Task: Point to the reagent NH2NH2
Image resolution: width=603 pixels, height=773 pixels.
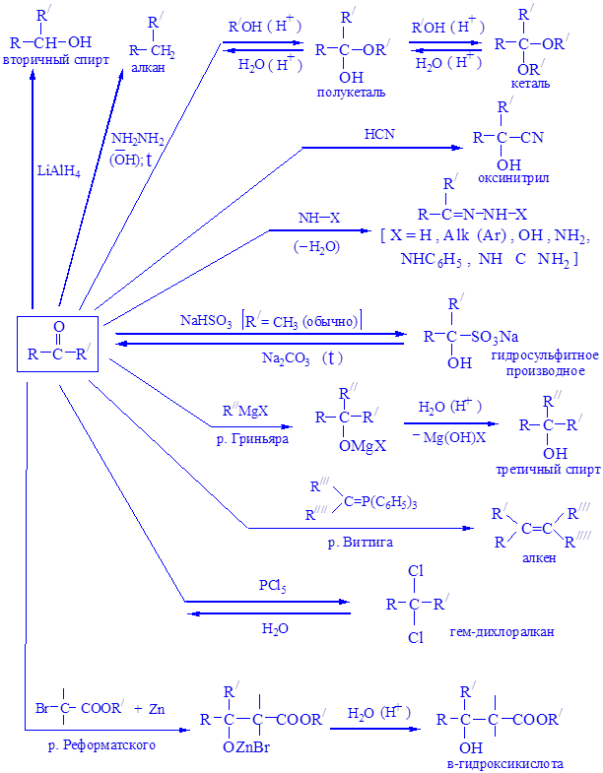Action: pyautogui.click(x=138, y=141)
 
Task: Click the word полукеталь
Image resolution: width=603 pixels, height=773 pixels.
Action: pyautogui.click(x=351, y=92)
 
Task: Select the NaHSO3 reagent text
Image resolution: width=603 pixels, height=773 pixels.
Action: pyautogui.click(x=206, y=320)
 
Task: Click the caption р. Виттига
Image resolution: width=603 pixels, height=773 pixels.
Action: pyautogui.click(x=353, y=542)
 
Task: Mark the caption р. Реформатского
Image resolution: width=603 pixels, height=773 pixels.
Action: pyautogui.click(x=101, y=745)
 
